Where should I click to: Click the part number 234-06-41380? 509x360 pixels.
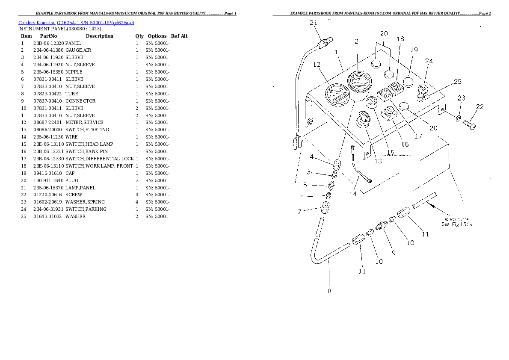tap(48, 50)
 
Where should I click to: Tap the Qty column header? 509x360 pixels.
tap(139, 36)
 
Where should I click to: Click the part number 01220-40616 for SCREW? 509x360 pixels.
tap(48, 195)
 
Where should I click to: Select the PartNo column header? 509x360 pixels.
tap(46, 36)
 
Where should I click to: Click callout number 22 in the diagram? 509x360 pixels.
tap(480, 107)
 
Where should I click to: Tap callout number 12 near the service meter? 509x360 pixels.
tap(317, 65)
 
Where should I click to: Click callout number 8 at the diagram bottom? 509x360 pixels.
tap(329, 291)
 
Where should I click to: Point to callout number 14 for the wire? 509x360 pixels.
tap(352, 194)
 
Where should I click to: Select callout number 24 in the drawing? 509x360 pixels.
tap(429, 61)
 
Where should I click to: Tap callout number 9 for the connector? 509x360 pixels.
tap(393, 253)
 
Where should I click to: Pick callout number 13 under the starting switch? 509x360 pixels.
tap(378, 161)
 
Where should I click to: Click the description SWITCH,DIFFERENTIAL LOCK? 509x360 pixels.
tap(100, 159)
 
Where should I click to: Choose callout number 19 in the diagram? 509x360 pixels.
tap(414, 50)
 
